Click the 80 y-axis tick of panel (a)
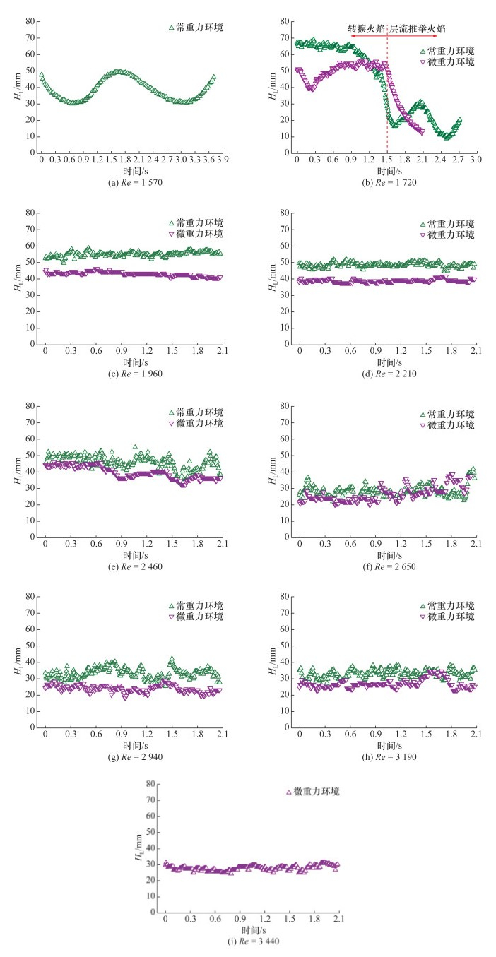[x=30, y=21]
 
